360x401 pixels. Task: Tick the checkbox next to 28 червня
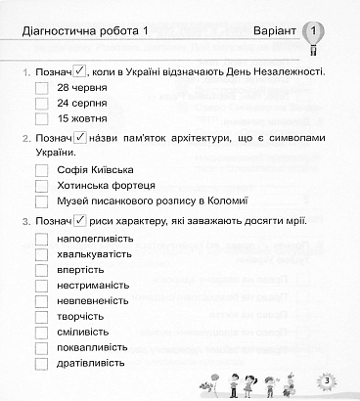[41, 88]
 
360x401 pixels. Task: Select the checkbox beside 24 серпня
[41, 103]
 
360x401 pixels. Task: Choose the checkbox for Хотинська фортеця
[41, 186]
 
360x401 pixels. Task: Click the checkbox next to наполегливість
[41, 239]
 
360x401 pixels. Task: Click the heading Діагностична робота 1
[84, 34]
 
